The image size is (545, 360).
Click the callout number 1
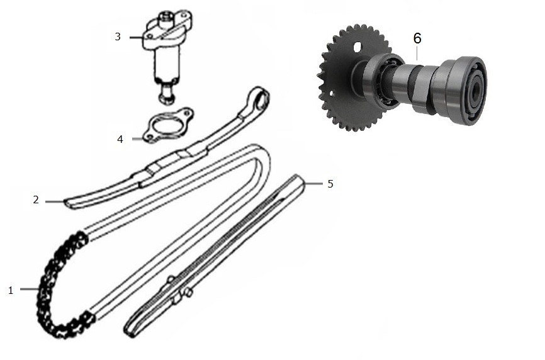pos(11,290)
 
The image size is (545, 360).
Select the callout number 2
pos(36,200)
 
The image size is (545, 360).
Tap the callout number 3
pos(118,37)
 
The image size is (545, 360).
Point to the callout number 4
pos(120,139)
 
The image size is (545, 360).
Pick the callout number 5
pos(330,184)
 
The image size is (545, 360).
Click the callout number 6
pos(417,38)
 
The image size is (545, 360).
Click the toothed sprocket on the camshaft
pos(347,78)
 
